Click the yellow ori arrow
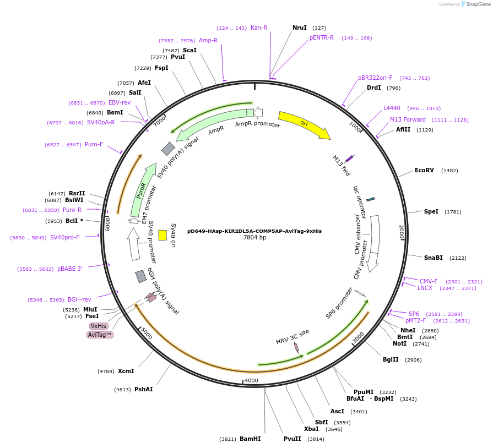[305, 124]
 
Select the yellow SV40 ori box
[162, 236]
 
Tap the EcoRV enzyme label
[424, 170]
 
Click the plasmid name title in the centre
[254, 231]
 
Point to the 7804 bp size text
[254, 238]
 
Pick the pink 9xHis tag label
[99, 326]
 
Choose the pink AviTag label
[100, 335]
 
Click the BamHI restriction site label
[250, 439]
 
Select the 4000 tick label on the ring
[251, 380]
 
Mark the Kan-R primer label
[259, 28]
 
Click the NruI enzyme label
[299, 28]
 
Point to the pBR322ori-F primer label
[375, 78]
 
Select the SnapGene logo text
[478, 4]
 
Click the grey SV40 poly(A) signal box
[168, 149]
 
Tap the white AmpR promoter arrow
[258, 112]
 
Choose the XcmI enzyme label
[126, 371]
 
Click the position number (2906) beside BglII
[413, 360]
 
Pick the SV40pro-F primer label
[65, 237]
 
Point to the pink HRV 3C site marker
[296, 347]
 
